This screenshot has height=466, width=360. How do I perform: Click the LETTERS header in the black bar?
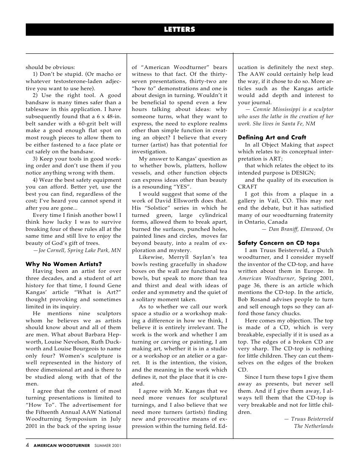pyautogui.click(x=180, y=30)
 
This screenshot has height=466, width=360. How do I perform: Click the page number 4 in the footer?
pyautogui.click(x=28, y=445)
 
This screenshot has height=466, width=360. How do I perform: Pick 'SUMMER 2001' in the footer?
pyautogui.click(x=108, y=446)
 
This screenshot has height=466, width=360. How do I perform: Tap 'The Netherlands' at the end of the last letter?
pyautogui.click(x=313, y=426)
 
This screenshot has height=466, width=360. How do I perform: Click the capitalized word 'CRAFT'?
pyautogui.click(x=247, y=186)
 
